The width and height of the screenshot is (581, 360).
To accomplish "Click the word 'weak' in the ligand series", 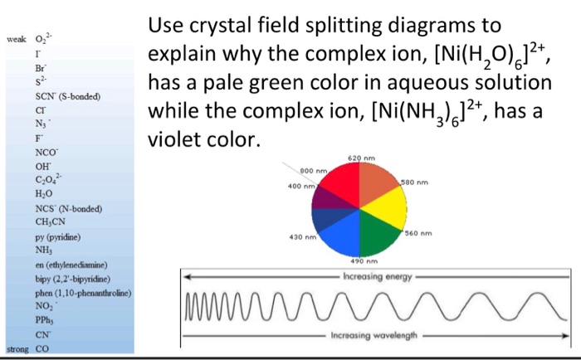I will point(16,40).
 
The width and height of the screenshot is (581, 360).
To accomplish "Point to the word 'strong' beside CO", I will point(17,349).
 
